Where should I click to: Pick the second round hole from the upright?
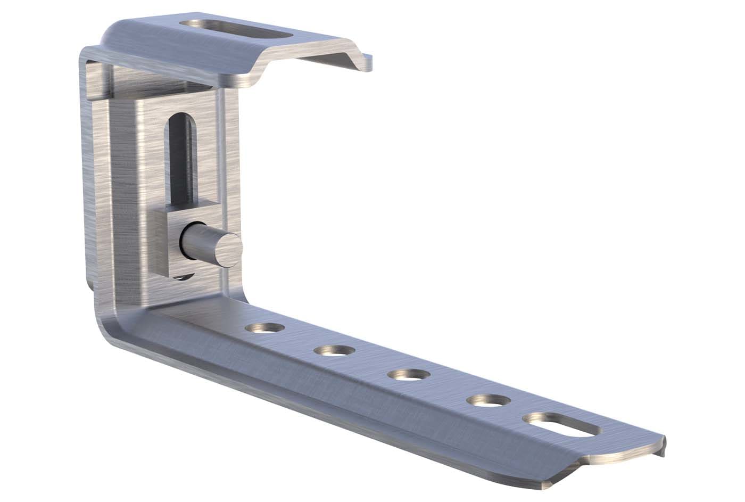click(x=334, y=351)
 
